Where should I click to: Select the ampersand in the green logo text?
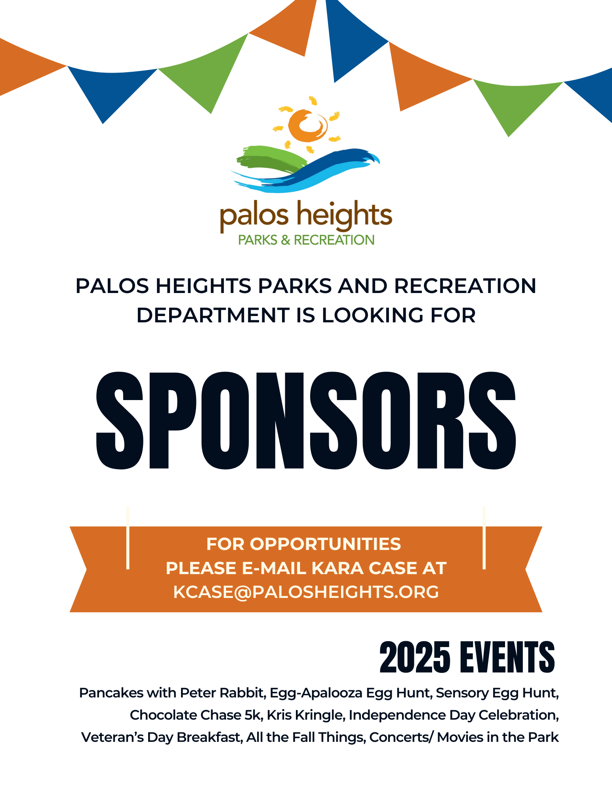(285, 240)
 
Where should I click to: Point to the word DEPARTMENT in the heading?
(213, 316)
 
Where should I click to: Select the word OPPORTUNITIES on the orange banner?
(325, 544)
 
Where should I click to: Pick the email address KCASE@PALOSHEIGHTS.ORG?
(306, 592)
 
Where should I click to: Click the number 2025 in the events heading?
(415, 658)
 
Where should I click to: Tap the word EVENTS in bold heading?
(507, 658)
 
